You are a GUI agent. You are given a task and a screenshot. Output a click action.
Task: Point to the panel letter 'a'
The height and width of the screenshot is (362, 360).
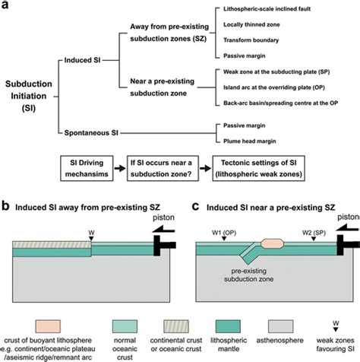(5, 5)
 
